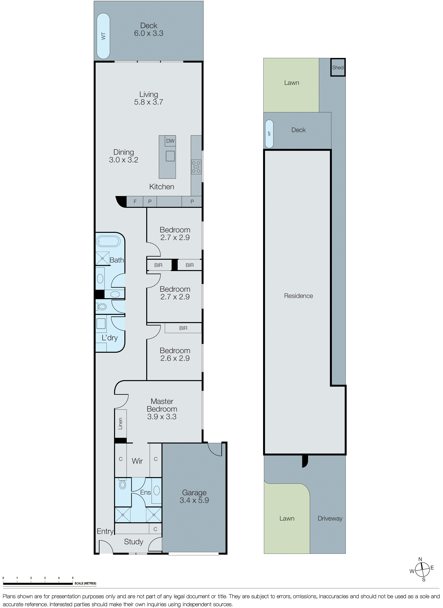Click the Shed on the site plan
pos(338,68)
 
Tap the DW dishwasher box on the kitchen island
pos(170,141)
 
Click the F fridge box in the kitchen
pos(135,201)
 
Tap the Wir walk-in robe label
pos(137,461)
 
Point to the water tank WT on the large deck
pos(103,36)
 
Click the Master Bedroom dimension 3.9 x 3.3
pos(162,416)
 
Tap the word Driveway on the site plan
pos(330,518)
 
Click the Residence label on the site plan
pos(298,296)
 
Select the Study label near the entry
pos(134,542)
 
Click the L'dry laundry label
pos(110,338)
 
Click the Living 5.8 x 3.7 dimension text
pos(149,102)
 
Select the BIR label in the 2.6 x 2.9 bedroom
pos(183,328)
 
